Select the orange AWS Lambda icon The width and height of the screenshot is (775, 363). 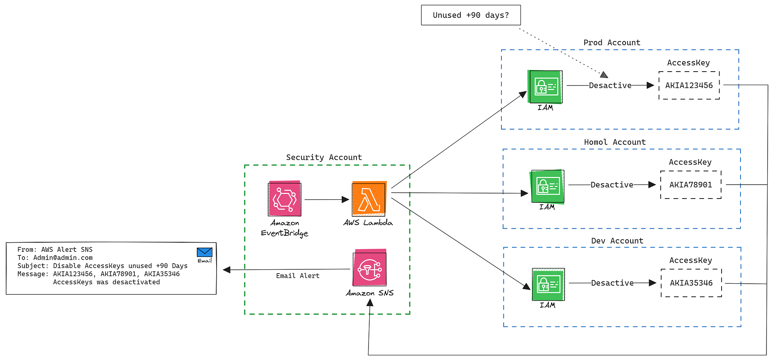point(369,199)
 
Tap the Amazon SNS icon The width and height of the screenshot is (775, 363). point(370,269)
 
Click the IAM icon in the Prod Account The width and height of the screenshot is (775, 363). point(546,87)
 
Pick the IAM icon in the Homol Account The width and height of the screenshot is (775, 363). point(548,187)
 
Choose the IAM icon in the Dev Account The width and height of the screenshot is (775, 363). point(548,284)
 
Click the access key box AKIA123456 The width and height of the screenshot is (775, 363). point(689,86)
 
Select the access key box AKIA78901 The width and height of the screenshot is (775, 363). point(691,185)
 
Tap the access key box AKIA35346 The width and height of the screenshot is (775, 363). point(691,283)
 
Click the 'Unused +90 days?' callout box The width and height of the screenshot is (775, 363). point(471,15)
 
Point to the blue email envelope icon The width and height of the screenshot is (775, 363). point(205,252)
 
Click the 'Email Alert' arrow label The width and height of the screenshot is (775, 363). point(298,276)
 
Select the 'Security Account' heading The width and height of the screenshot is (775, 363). point(324,158)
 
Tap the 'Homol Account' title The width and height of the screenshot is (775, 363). point(615,142)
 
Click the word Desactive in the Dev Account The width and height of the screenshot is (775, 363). point(612,283)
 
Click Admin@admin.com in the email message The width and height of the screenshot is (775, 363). point(63,258)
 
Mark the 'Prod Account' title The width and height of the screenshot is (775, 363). point(612,43)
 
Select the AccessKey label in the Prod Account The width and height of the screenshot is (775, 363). point(688,63)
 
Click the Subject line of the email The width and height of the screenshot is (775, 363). point(102,266)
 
